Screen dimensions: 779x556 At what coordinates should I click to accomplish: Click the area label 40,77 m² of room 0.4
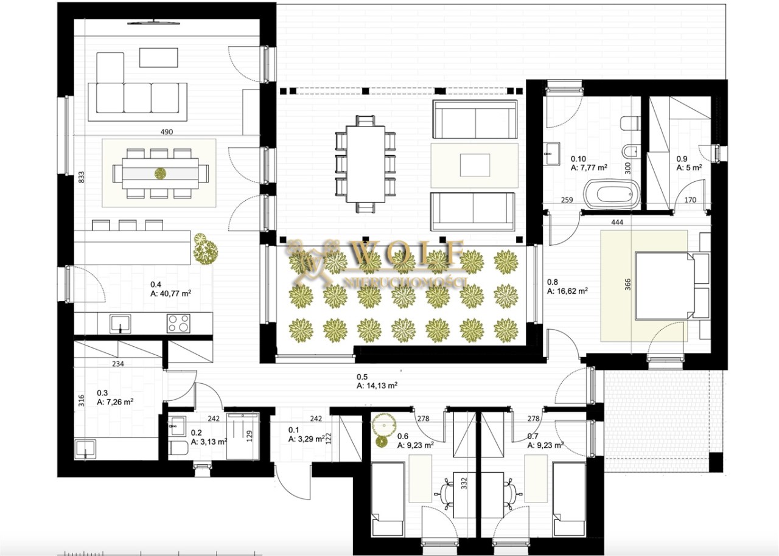tap(171, 294)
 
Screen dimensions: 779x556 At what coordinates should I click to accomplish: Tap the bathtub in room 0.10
tap(612, 194)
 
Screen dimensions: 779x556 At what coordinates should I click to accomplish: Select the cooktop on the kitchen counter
tap(178, 323)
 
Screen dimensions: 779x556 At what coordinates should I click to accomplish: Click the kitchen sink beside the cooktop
tap(121, 324)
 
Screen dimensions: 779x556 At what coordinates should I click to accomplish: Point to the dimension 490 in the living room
tap(167, 132)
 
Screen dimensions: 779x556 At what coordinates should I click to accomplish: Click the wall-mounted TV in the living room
tap(154, 23)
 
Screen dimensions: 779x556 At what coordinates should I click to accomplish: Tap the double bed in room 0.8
tap(664, 286)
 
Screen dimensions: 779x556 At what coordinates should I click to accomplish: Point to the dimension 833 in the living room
tap(81, 177)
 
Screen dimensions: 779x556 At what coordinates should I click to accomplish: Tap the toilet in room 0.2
tap(178, 448)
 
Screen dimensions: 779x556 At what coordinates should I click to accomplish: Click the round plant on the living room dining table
tap(160, 173)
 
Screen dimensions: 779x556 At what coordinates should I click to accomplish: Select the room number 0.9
tap(682, 158)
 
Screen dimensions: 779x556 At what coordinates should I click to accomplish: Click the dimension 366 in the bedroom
tap(627, 284)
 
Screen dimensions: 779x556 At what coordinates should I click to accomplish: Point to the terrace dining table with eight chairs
tap(366, 164)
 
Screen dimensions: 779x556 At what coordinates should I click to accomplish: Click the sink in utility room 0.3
tap(86, 449)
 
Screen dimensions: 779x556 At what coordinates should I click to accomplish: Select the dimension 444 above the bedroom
tap(617, 221)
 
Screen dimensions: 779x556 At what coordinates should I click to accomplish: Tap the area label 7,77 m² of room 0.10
tap(589, 167)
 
